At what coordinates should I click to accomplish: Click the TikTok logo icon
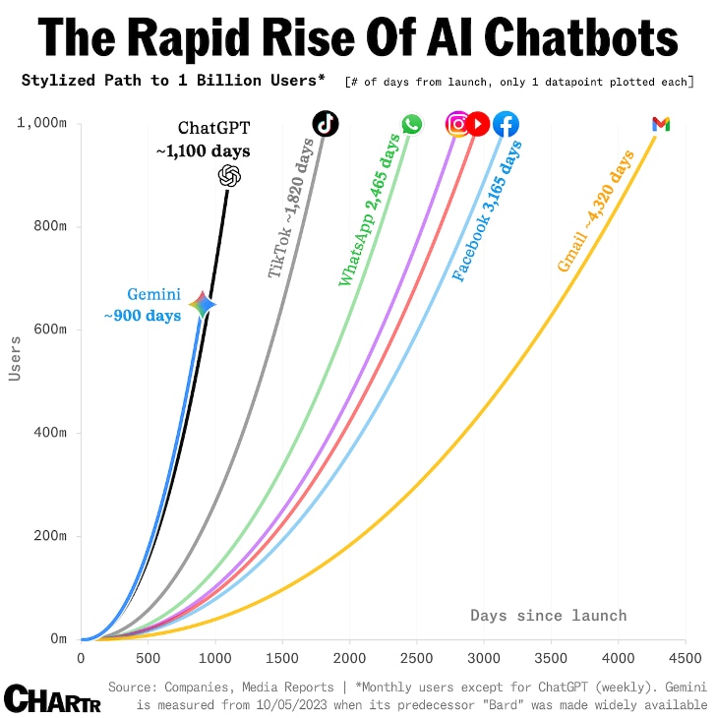point(326,123)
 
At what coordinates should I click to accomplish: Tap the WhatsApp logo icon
point(411,124)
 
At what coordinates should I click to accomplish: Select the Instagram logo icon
point(457,124)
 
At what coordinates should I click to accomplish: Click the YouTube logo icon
point(478,124)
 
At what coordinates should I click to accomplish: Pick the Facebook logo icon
point(506,125)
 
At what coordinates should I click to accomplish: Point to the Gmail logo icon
point(661,124)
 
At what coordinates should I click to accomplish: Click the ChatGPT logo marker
point(229,175)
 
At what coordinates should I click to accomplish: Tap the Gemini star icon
point(202,305)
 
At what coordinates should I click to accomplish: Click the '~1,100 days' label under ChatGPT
point(203,151)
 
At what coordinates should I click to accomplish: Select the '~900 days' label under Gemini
point(143,316)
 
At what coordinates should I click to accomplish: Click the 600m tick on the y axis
point(47,329)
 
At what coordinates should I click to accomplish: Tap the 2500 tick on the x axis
point(416,657)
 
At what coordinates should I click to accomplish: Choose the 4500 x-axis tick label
point(685,657)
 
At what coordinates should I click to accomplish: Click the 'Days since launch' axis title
point(548,615)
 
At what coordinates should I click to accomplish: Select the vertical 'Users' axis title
point(15,358)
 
